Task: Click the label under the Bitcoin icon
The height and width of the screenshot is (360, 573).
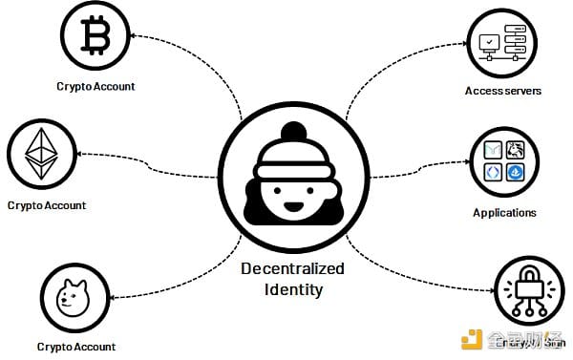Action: [95, 87]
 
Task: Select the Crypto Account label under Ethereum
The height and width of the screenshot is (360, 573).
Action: [46, 205]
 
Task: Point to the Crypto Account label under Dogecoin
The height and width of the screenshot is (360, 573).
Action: [76, 347]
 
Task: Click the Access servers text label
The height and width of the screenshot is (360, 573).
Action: [503, 92]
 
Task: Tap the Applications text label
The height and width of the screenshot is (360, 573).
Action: [504, 213]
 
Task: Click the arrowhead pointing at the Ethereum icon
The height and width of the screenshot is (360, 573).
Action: [81, 153]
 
